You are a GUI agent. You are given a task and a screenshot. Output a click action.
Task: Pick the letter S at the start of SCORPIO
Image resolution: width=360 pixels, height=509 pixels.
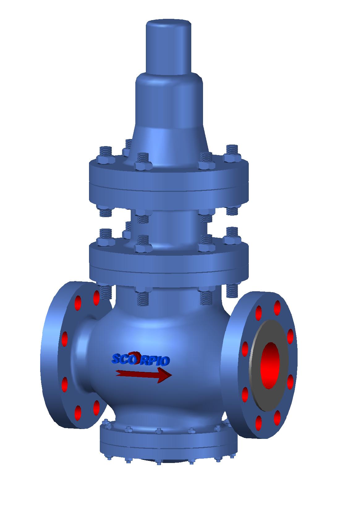(x=116, y=359)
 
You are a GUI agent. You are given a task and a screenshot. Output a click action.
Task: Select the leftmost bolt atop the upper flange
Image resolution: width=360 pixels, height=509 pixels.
(x=106, y=154)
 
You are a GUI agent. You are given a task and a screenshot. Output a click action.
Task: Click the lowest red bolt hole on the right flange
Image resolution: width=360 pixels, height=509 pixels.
(x=259, y=422)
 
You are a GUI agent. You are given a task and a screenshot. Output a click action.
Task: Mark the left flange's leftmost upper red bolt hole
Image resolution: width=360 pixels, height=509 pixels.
(x=65, y=339)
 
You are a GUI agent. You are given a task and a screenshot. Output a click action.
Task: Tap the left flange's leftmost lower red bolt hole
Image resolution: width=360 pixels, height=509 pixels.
(x=65, y=384)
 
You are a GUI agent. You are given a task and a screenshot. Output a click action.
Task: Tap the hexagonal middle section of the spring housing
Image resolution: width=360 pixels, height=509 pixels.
(x=169, y=102)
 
